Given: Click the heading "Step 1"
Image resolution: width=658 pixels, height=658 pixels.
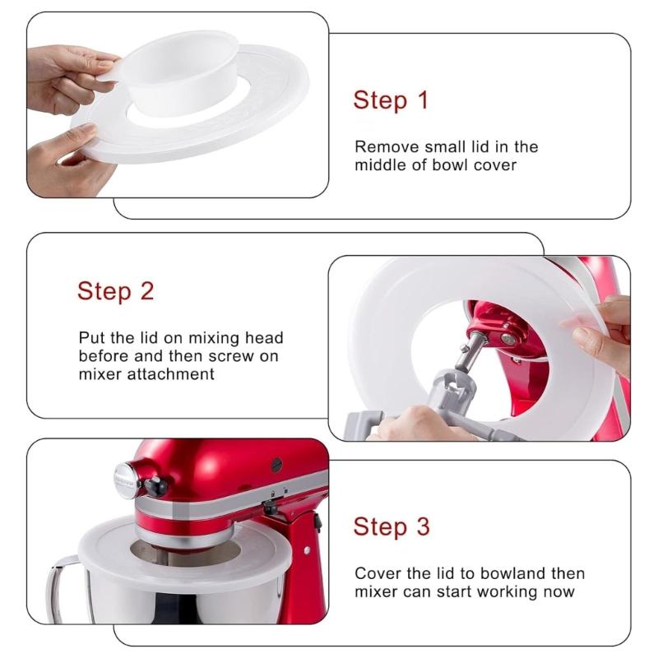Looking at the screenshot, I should click(391, 100).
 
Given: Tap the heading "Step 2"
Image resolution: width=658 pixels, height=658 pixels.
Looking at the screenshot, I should click(116, 291).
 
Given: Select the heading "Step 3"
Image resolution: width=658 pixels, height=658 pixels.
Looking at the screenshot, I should click(391, 526).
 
